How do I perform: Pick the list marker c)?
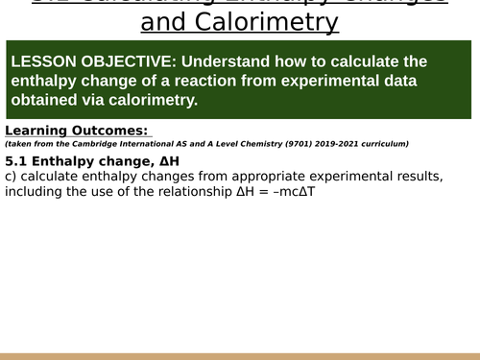[x=11, y=176]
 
